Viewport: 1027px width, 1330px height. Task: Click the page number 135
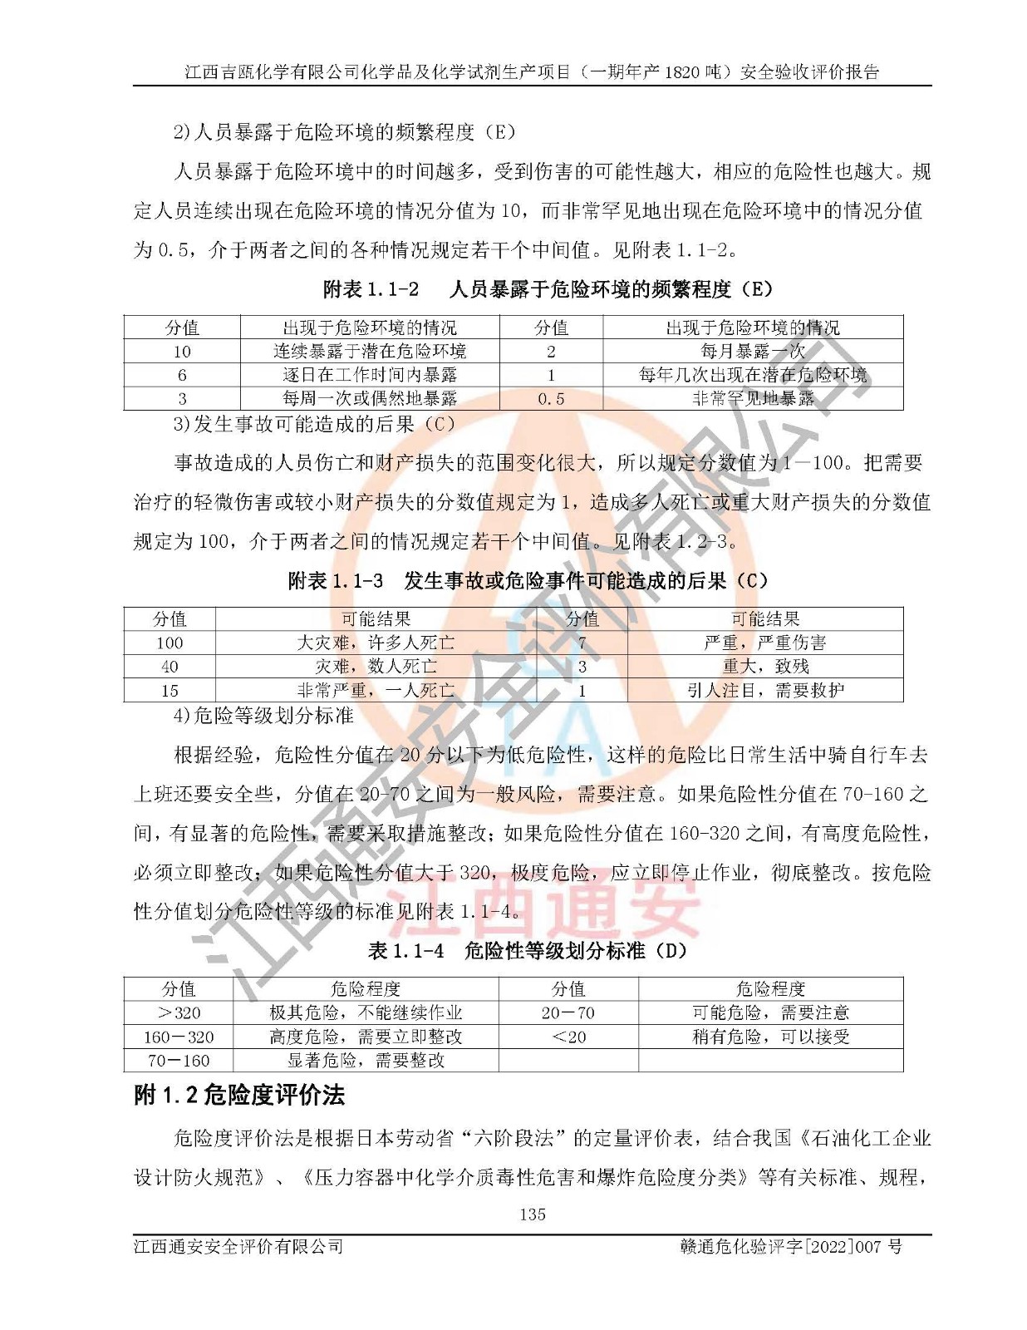click(x=532, y=1214)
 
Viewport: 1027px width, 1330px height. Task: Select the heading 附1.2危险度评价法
click(x=239, y=1096)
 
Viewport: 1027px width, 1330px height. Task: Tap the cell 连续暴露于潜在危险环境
click(x=370, y=352)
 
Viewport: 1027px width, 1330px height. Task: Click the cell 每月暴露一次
click(x=753, y=352)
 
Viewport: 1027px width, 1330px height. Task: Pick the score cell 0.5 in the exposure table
click(x=551, y=399)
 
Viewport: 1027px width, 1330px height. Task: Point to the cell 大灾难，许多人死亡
click(x=376, y=643)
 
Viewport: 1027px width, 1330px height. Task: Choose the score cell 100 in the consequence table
click(x=170, y=643)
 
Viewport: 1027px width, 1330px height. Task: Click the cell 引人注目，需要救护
click(x=765, y=690)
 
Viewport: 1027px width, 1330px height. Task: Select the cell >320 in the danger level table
click(x=179, y=1012)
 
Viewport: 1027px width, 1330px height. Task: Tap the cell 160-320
click(x=179, y=1037)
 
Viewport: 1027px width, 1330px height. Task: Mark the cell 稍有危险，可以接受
click(x=770, y=1037)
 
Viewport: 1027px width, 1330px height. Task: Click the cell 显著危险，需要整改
click(x=366, y=1061)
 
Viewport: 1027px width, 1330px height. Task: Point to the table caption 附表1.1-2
click(x=371, y=289)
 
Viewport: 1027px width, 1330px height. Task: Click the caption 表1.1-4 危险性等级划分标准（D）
click(x=528, y=951)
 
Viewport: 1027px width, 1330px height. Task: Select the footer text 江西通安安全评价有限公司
click(x=238, y=1247)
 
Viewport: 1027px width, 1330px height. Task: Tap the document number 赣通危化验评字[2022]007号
click(x=791, y=1247)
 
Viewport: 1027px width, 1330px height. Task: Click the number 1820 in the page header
click(x=681, y=72)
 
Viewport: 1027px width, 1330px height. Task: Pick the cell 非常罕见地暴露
click(x=753, y=399)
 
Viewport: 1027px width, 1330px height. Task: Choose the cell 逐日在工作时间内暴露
click(x=370, y=376)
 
